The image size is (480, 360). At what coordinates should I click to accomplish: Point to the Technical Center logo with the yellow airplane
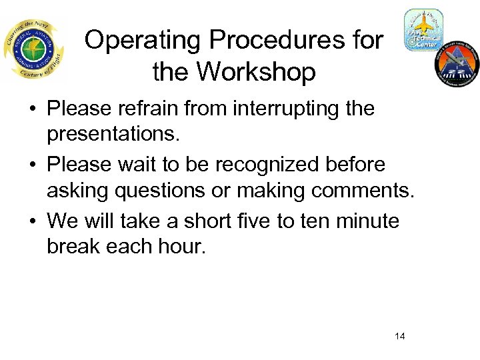(423, 31)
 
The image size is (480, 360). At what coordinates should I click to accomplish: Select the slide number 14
(399, 336)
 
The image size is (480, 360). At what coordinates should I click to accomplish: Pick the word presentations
(113, 136)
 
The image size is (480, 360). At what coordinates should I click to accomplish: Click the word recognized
(268, 164)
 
